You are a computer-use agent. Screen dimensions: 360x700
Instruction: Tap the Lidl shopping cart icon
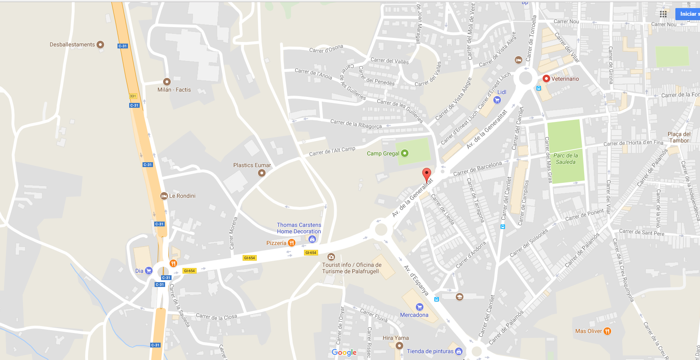(497, 100)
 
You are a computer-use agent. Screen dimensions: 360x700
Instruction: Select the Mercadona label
(414, 315)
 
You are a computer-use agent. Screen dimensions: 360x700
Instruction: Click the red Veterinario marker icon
(546, 79)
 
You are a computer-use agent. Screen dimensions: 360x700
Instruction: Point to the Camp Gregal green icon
(404, 153)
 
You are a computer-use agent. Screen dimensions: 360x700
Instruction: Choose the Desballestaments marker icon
(101, 44)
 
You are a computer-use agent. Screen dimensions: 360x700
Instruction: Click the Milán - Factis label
(174, 90)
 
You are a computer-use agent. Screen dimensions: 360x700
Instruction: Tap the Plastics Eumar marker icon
(262, 173)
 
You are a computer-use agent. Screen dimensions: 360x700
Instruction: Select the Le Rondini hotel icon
(164, 196)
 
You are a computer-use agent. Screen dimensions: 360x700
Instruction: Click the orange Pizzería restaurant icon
(291, 243)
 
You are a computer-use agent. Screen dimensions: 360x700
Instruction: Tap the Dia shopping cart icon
(149, 271)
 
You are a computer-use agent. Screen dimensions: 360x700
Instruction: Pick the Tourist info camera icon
(331, 257)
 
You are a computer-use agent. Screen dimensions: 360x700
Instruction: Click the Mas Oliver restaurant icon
(607, 331)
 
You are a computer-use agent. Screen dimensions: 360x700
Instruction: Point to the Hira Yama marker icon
(399, 345)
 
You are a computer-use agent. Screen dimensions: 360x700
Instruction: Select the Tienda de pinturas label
(430, 351)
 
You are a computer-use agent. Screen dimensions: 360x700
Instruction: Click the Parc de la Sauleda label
(566, 159)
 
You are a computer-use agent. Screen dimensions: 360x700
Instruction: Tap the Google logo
(344, 352)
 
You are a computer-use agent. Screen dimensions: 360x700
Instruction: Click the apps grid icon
(663, 14)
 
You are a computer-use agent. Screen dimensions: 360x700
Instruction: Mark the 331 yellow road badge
(133, 96)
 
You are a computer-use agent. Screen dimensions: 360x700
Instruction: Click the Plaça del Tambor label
(679, 137)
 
